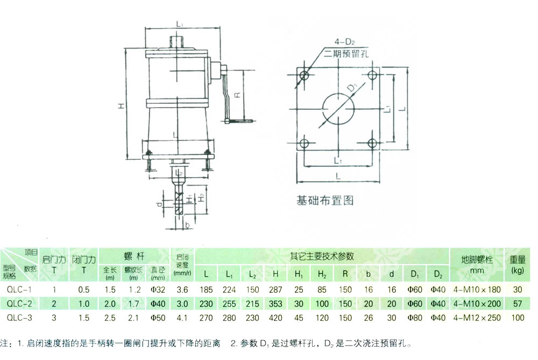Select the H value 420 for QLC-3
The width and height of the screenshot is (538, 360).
(275, 317)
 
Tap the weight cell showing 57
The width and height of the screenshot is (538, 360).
(518, 303)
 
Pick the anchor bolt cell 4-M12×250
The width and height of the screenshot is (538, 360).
(477, 317)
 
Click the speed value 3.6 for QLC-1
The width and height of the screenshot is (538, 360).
(182, 290)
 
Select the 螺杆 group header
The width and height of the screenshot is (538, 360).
(134, 255)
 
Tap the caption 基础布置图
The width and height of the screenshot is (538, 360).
(325, 201)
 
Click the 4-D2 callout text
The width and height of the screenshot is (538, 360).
(344, 41)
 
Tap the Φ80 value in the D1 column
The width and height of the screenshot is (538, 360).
(414, 317)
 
